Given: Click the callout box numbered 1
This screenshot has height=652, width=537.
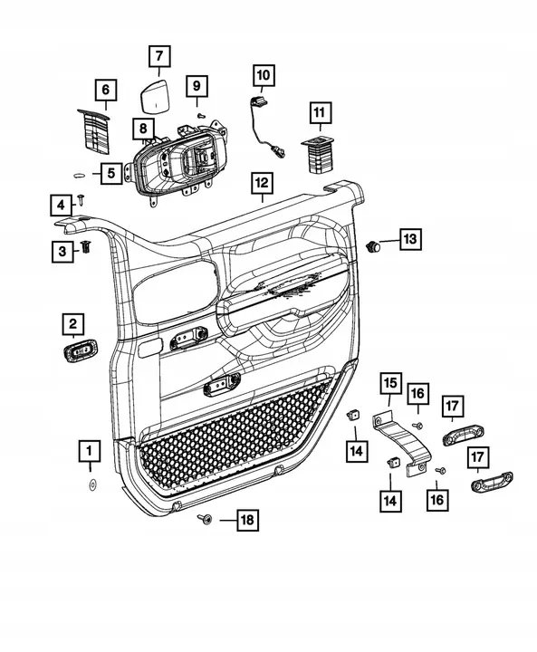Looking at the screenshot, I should click(89, 449).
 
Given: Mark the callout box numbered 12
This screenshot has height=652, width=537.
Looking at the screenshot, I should click(261, 185).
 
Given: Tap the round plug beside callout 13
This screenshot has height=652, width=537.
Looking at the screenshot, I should click(372, 245).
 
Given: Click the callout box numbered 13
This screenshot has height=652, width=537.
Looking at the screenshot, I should click(410, 239).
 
